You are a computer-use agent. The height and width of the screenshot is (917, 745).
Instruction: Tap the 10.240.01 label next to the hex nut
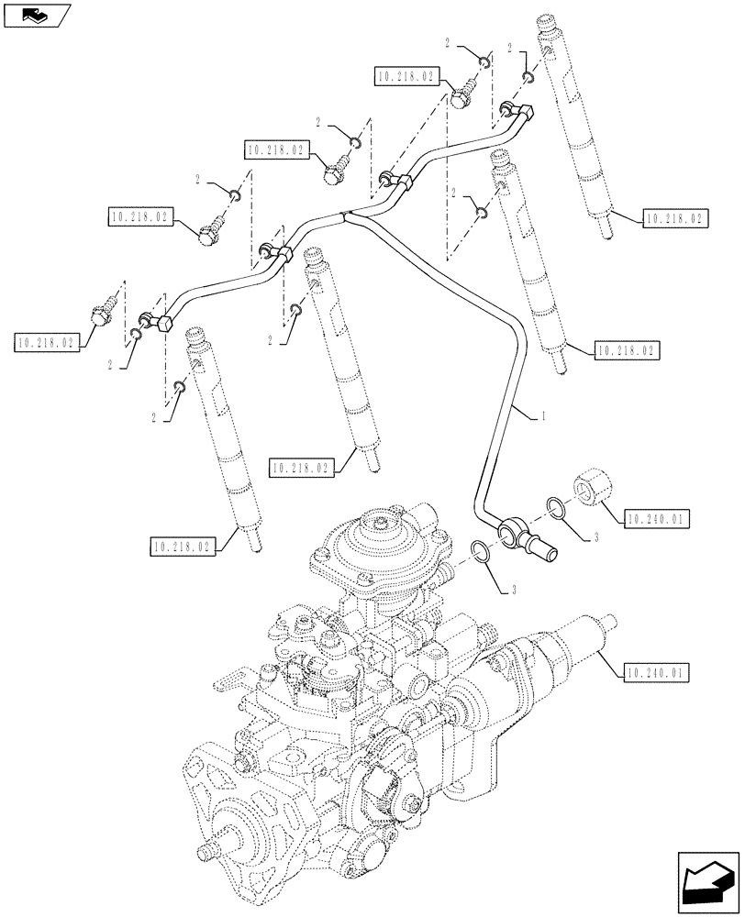pos(657,519)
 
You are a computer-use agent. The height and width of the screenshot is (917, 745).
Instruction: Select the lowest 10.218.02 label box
pos(180,547)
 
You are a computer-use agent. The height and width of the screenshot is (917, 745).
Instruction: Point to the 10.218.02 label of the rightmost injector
pos(674,219)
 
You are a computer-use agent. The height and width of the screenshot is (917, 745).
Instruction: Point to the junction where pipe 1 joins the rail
pos(345,216)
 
